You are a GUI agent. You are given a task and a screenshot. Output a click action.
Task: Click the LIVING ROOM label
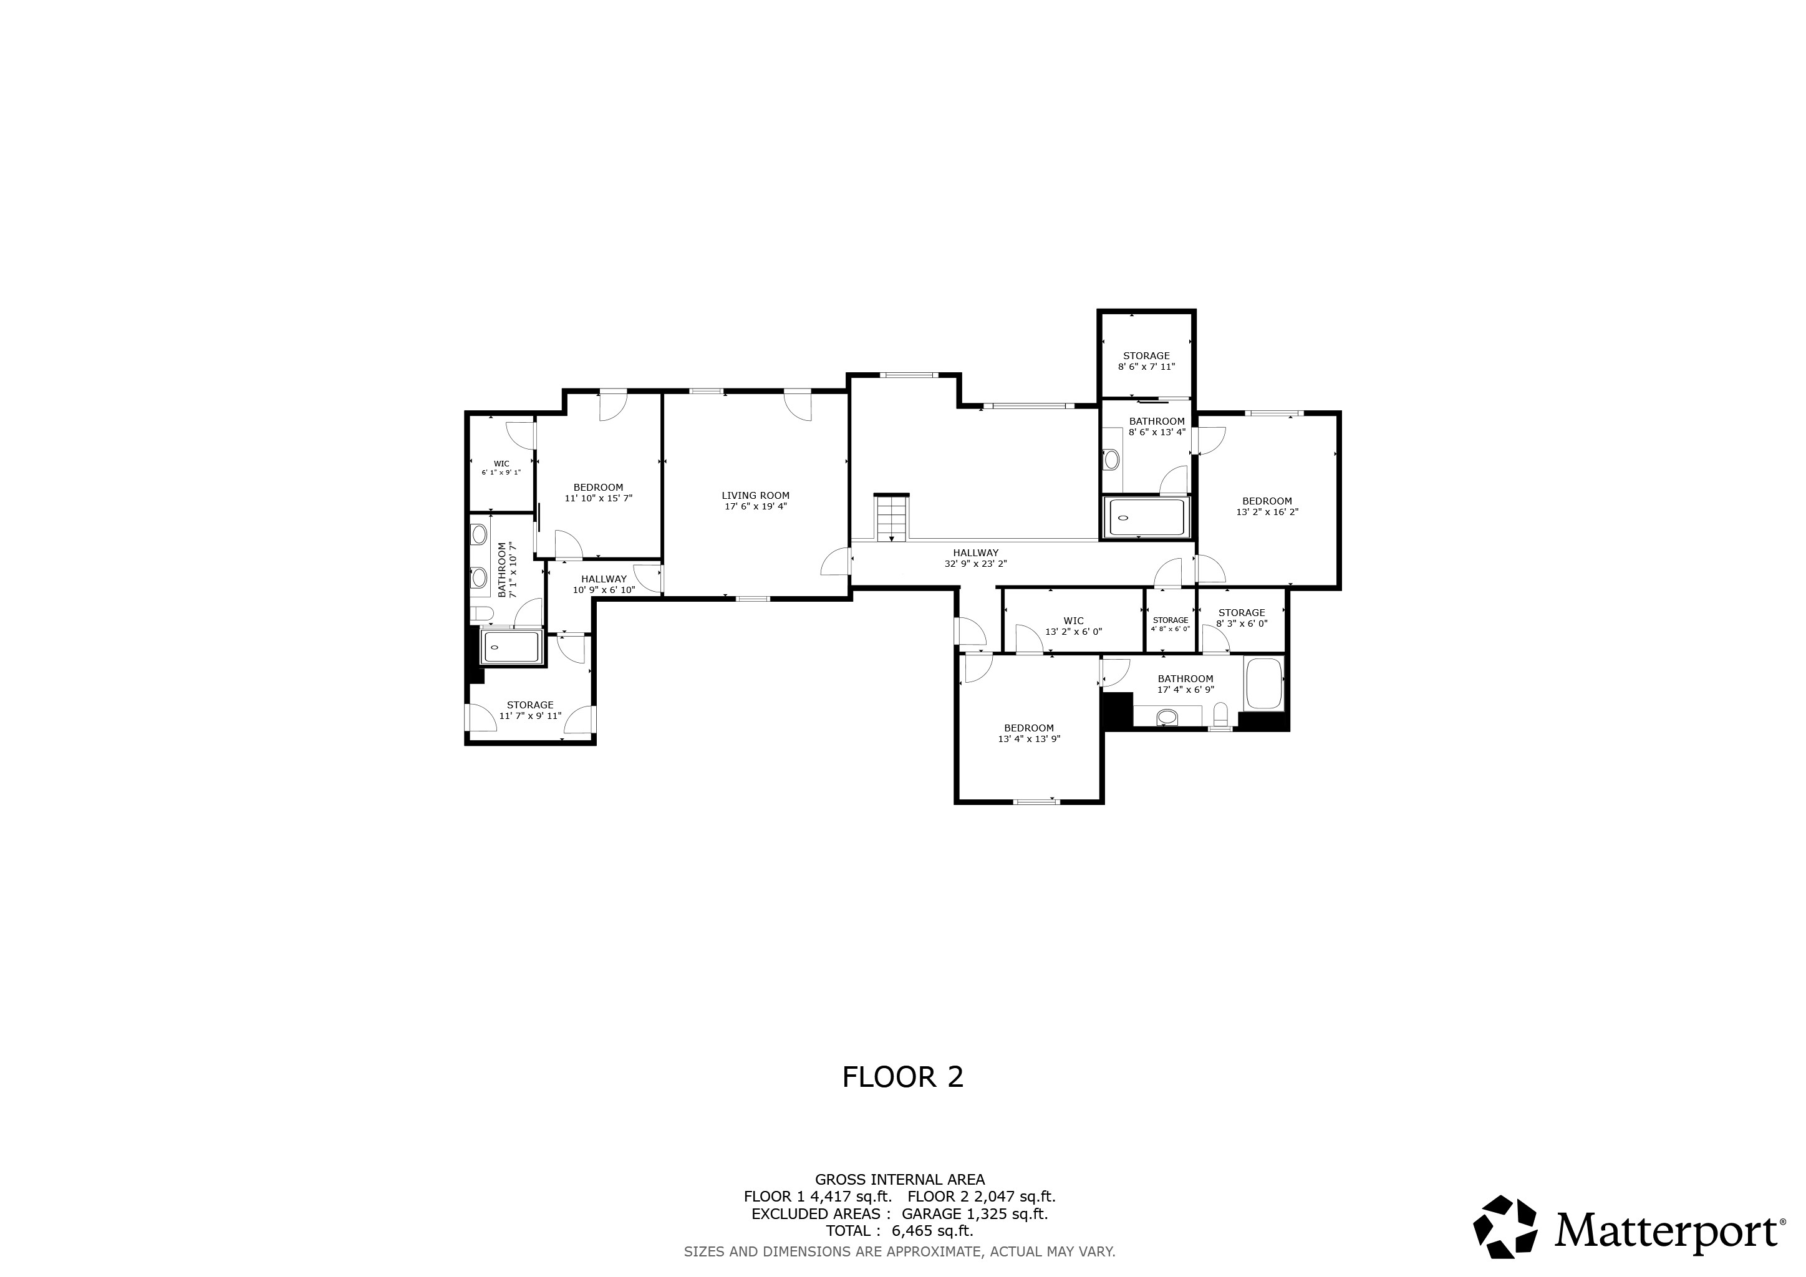pos(755,495)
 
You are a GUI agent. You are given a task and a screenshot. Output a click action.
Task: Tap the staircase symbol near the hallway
pos(891,517)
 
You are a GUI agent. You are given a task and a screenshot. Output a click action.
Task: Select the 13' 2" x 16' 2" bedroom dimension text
pos(1267,512)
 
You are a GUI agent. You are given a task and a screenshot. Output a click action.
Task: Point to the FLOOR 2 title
pos(902,1077)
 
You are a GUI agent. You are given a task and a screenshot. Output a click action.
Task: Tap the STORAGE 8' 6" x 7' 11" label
pos(1146,361)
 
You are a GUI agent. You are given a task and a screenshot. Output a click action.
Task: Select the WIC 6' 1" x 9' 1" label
pos(501,468)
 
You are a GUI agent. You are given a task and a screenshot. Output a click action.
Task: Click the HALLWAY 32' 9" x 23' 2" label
pos(975,558)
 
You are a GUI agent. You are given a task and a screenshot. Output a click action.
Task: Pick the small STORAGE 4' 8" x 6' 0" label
pos(1171,624)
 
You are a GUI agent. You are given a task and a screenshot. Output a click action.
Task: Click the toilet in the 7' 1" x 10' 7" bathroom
pos(481,614)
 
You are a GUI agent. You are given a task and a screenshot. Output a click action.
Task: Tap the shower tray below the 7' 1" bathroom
pos(511,647)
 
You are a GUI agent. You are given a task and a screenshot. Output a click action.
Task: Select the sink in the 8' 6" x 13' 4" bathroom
pos(1111,459)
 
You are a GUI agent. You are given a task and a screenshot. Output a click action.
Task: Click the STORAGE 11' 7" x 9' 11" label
pos(530,710)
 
